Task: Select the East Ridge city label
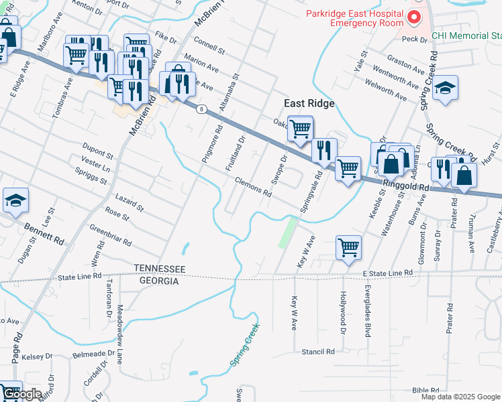click(309, 103)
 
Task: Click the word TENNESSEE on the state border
click(159, 269)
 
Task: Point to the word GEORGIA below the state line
click(159, 281)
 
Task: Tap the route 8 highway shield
click(201, 109)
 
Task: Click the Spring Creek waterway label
click(244, 346)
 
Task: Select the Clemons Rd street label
click(253, 187)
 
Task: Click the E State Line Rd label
click(388, 273)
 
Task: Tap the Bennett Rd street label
click(46, 232)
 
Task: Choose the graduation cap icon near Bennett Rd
click(15, 201)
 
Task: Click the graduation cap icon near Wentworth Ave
click(444, 88)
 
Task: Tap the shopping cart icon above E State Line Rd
click(348, 247)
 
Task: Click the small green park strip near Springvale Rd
click(288, 232)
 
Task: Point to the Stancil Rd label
click(318, 351)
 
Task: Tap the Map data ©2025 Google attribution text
click(460, 397)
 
